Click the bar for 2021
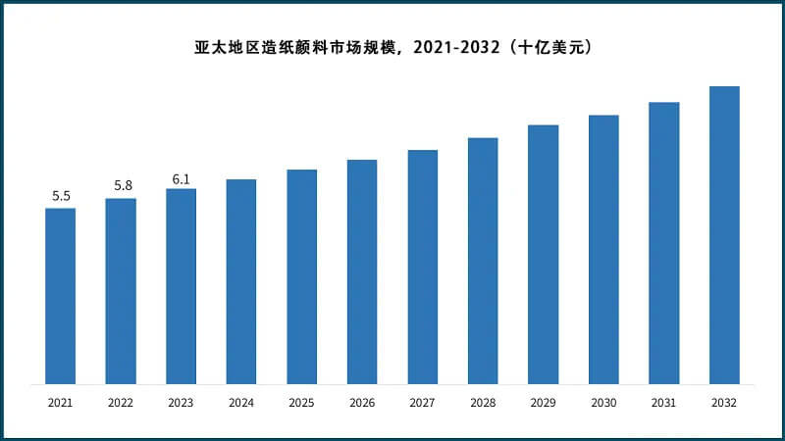pos(60,296)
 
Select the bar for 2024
pos(241,281)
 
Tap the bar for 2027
pos(423,267)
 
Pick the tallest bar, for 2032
pos(724,235)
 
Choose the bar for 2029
pos(544,255)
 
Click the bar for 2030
pos(603,250)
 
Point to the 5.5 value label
pos(61,196)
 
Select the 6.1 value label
pos(181,178)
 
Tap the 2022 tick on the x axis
pos(121,403)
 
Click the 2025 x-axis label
pos(301,403)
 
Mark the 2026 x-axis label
pos(362,403)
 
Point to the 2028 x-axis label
pos(483,403)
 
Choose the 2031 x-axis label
pos(664,403)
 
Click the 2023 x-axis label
pos(181,403)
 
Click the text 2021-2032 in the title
pos(457,46)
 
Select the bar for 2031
pos(664,243)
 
